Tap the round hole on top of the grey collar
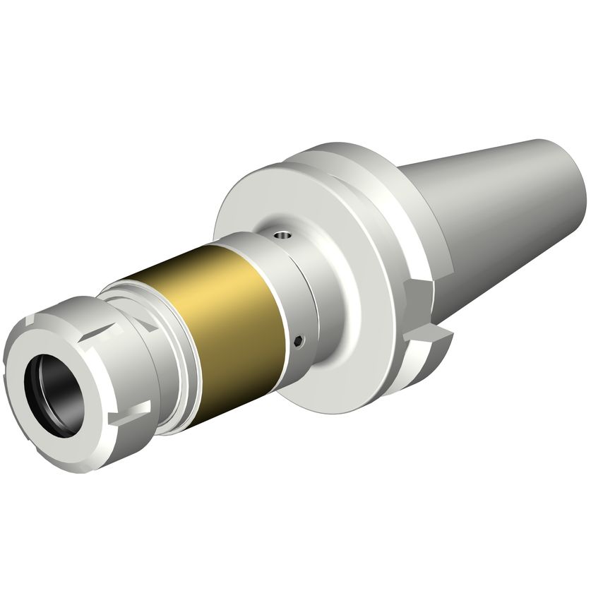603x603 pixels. pyautogui.click(x=282, y=234)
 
